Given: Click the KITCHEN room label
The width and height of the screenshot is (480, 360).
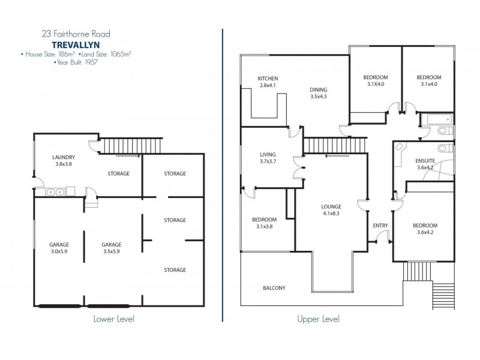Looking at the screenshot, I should [x=268, y=79].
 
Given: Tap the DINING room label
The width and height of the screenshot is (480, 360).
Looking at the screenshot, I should [x=318, y=89].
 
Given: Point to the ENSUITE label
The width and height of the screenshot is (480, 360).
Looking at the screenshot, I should [x=424, y=161].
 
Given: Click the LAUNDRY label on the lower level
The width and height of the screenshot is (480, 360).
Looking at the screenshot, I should [x=64, y=157].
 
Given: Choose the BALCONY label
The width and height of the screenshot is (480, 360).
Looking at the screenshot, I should [x=274, y=288].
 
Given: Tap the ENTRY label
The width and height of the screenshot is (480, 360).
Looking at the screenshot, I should [x=380, y=226].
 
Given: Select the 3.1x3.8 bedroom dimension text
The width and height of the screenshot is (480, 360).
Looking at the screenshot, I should [x=265, y=226].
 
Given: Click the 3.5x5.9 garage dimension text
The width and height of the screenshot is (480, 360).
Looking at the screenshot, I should [x=112, y=252].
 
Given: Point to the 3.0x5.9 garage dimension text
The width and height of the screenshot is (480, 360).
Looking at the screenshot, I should [x=59, y=252].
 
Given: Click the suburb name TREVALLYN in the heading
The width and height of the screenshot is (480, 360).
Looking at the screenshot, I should [x=76, y=44].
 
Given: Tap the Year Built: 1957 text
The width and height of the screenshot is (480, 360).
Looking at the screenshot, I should [x=76, y=62].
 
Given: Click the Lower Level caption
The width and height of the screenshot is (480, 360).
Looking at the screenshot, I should [x=113, y=319].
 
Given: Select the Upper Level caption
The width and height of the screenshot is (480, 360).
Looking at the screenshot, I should [x=319, y=319].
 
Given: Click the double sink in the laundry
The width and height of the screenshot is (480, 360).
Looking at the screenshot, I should [x=56, y=192].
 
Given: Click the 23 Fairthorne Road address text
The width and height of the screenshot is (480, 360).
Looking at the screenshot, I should [x=76, y=34].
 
